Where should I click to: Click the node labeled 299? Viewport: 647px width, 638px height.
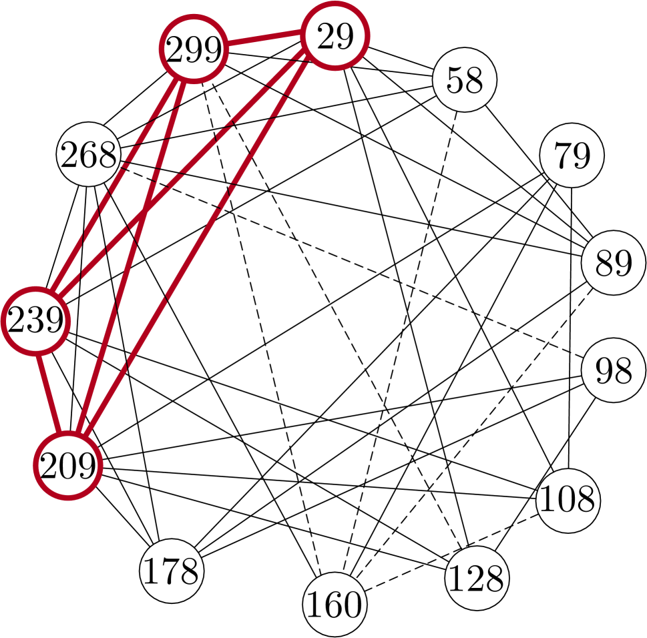click(193, 50)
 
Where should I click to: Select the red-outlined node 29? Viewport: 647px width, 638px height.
click(335, 37)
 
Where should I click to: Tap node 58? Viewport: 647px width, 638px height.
click(465, 80)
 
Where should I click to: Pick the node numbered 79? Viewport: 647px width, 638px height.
click(572, 155)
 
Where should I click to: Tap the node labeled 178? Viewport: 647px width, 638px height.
click(171, 571)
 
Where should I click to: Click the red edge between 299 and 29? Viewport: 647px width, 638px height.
click(264, 43)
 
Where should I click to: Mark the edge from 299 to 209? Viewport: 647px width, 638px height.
click(131, 258)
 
